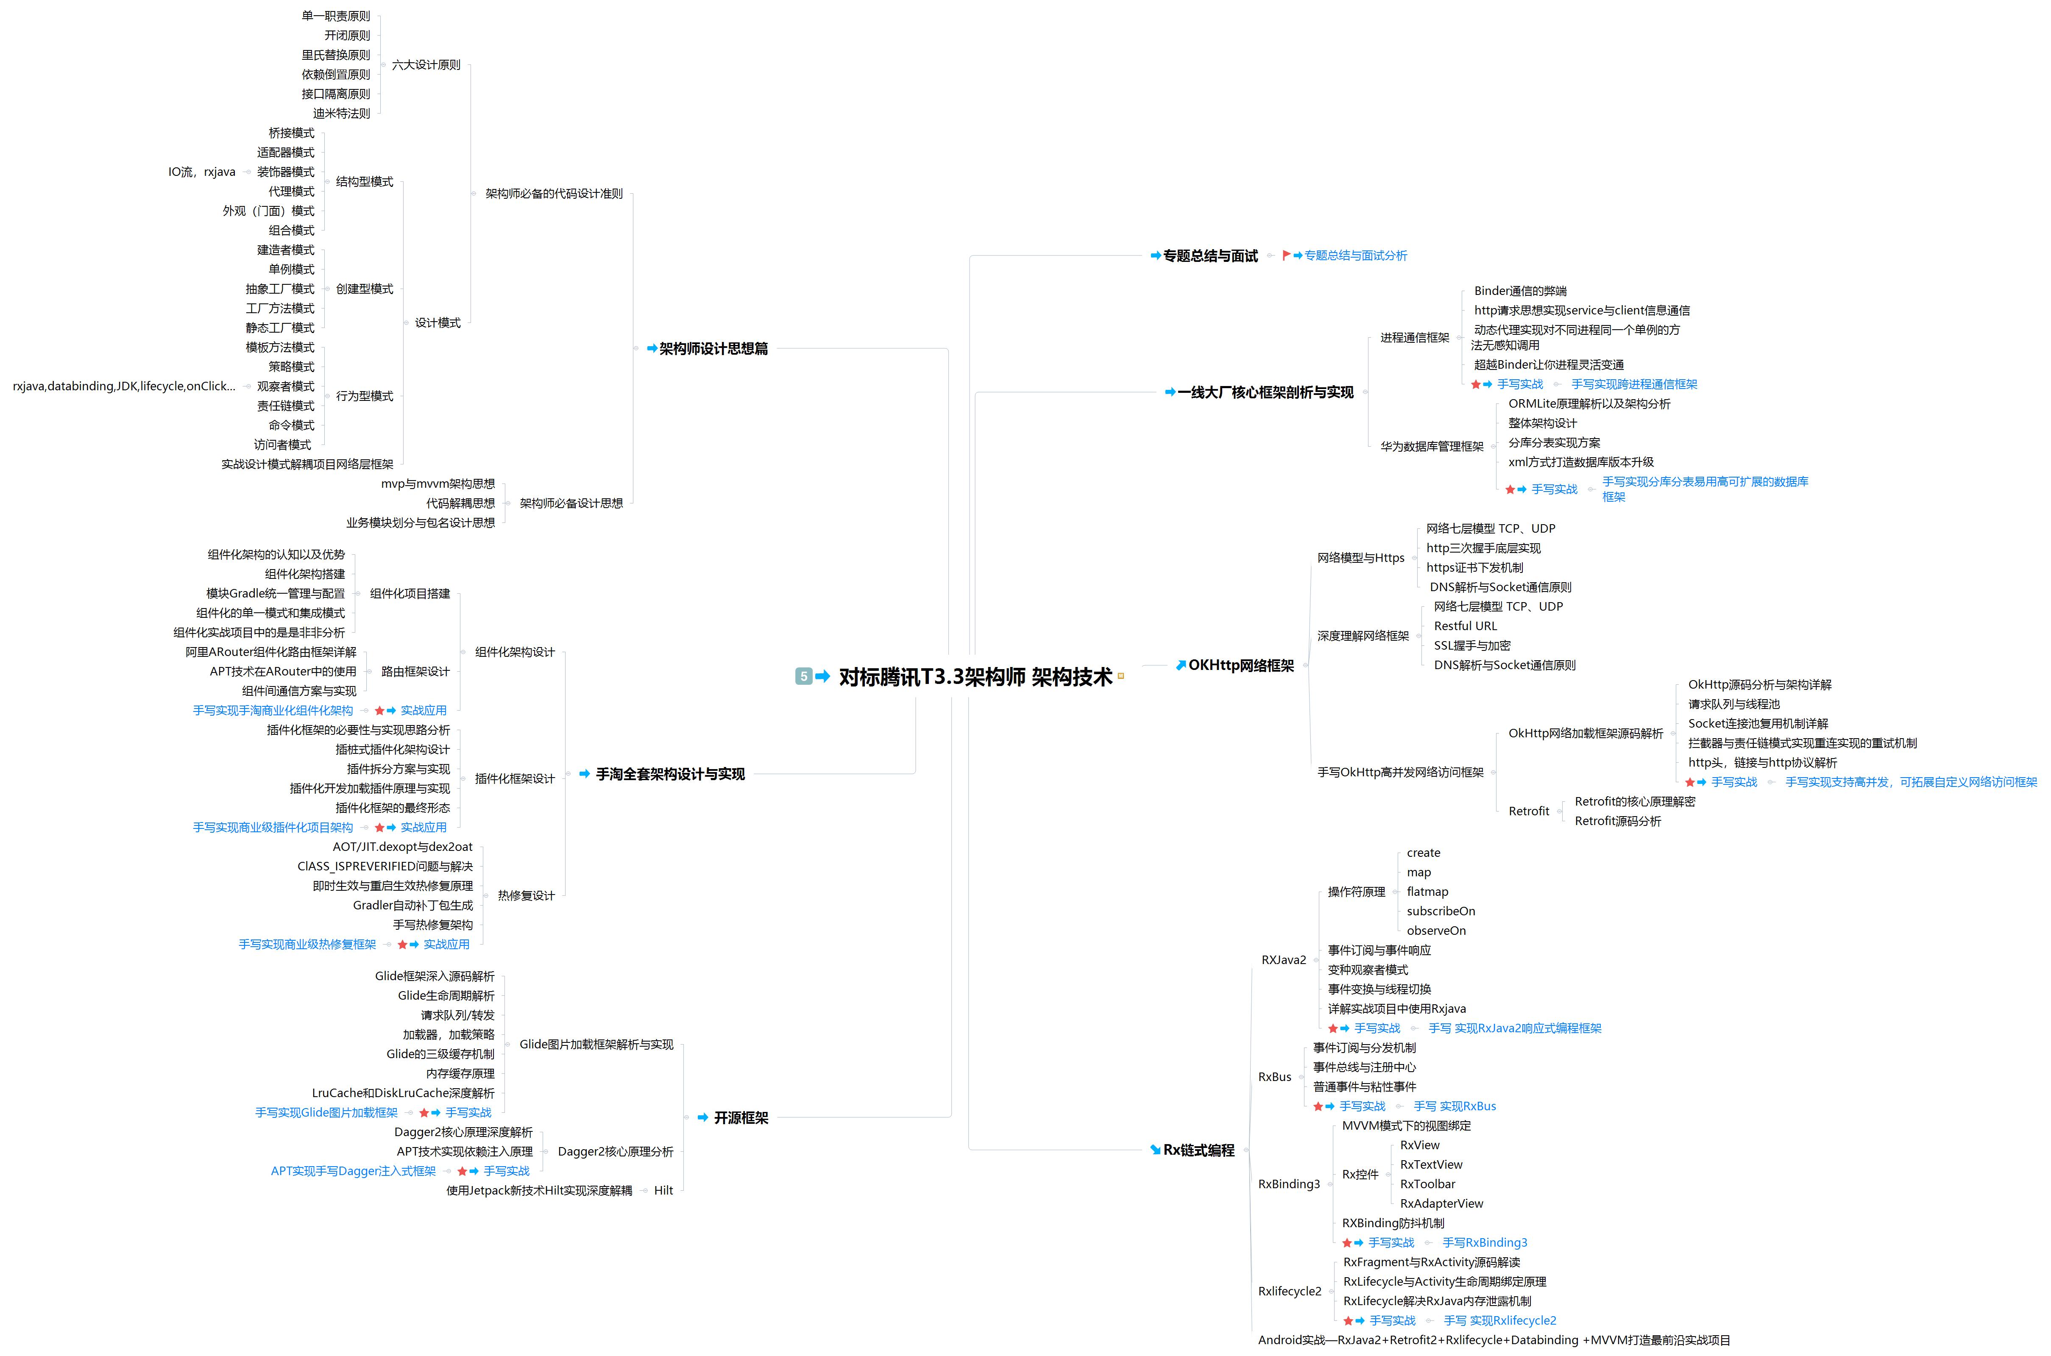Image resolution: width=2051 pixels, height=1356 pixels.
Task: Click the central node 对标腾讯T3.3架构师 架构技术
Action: [975, 676]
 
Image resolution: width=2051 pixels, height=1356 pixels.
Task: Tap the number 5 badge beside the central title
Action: [803, 676]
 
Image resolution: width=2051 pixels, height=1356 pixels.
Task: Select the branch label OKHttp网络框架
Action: [1240, 665]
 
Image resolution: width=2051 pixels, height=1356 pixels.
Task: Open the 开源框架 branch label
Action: [741, 1118]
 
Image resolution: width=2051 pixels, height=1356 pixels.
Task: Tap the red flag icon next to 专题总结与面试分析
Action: [1286, 255]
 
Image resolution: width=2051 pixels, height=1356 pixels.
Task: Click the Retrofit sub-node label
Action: [1529, 811]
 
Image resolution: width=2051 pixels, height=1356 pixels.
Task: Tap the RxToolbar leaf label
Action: [1427, 1184]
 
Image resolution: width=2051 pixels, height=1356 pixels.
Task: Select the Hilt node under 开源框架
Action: [663, 1191]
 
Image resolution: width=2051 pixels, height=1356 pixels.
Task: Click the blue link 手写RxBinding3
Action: [1484, 1243]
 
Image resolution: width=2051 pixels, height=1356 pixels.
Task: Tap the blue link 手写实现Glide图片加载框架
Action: [326, 1113]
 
